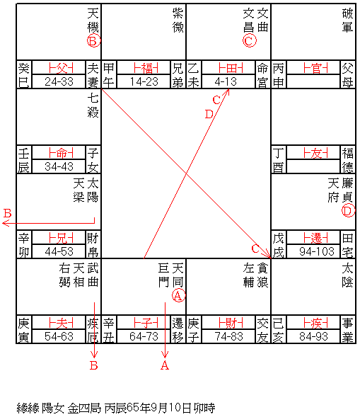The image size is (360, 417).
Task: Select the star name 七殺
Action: coord(93,105)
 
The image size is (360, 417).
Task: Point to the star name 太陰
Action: coord(347,275)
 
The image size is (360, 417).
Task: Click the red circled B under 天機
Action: coord(93,41)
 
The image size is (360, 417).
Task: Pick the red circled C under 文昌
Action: coord(249,41)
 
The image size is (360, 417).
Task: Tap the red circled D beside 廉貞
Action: coord(348,211)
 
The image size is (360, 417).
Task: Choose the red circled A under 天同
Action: coord(178,295)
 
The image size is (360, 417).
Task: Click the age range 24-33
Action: coord(59,81)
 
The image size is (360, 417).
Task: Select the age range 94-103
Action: coord(317,251)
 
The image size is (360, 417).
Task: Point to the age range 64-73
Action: coord(144,336)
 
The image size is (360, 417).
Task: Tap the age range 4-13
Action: coord(226,81)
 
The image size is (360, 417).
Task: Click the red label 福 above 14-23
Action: coord(146,68)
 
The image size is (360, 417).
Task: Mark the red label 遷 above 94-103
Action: coord(315,238)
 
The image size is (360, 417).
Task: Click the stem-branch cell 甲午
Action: coord(109,75)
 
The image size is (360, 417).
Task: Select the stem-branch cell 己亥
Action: coord(278,330)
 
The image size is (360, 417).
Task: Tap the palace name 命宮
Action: coord(262,75)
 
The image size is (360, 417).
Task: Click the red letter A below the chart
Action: coord(165,365)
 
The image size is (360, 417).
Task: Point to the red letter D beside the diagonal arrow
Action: coord(209,115)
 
